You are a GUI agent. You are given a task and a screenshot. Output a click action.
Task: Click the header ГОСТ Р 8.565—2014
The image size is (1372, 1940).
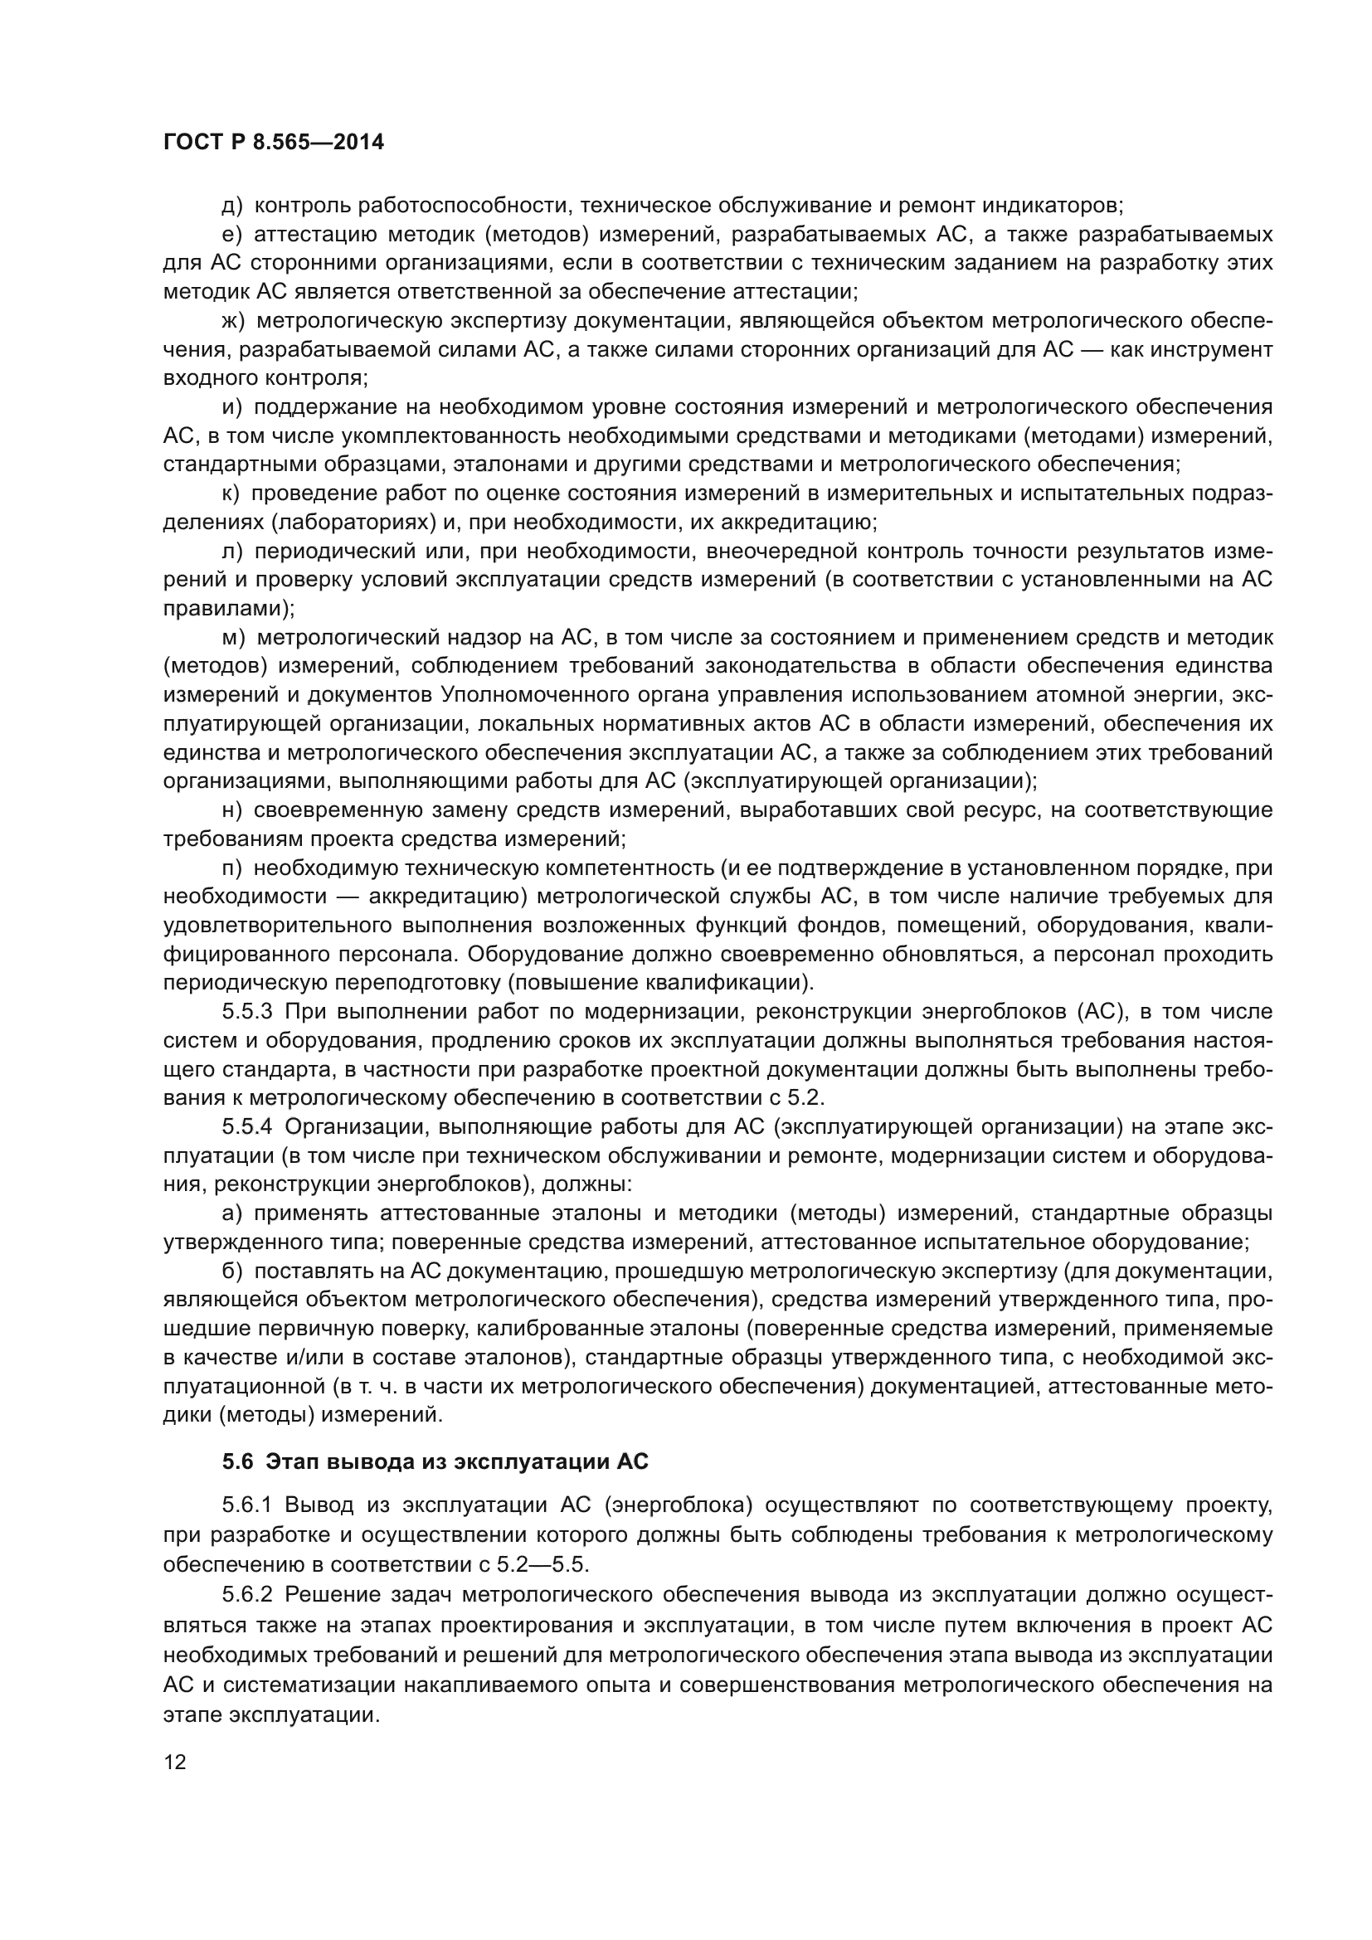point(273,143)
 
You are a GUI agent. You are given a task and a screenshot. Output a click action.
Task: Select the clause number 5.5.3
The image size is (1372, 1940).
point(247,1011)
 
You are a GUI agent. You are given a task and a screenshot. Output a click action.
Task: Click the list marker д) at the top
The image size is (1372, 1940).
point(232,206)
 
